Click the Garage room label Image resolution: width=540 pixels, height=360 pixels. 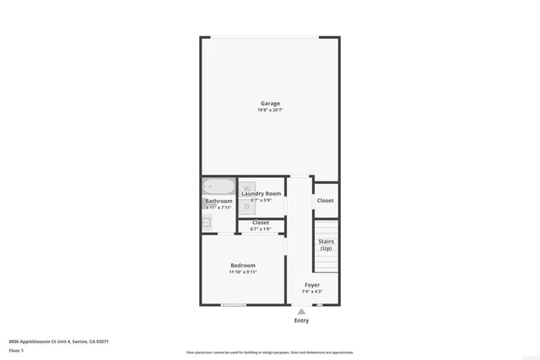coord(270,104)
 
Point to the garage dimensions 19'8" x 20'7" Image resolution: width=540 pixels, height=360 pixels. coord(270,110)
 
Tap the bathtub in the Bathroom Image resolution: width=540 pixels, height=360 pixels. coord(219,186)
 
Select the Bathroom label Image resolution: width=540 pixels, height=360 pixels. coord(218,201)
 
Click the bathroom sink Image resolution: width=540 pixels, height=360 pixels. coord(206,222)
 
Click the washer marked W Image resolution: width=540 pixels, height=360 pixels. coord(247,189)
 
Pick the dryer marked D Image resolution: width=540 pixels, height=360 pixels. coord(247,206)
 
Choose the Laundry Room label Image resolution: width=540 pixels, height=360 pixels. coord(261,194)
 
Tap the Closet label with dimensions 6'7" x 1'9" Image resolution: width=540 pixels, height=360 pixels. coord(261,223)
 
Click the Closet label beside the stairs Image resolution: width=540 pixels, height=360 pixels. coord(325,201)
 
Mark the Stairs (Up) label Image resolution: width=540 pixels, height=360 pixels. coord(326,244)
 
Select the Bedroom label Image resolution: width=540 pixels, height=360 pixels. coord(243,266)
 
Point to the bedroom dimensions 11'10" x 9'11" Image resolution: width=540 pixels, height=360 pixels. coord(243,272)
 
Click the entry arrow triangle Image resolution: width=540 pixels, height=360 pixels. coord(301,311)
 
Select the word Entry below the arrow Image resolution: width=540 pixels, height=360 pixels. coord(301,320)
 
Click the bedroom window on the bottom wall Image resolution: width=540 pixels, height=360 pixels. coord(234,305)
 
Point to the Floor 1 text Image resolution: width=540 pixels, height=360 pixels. coord(16,350)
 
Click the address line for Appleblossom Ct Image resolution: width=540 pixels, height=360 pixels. coord(59,341)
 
